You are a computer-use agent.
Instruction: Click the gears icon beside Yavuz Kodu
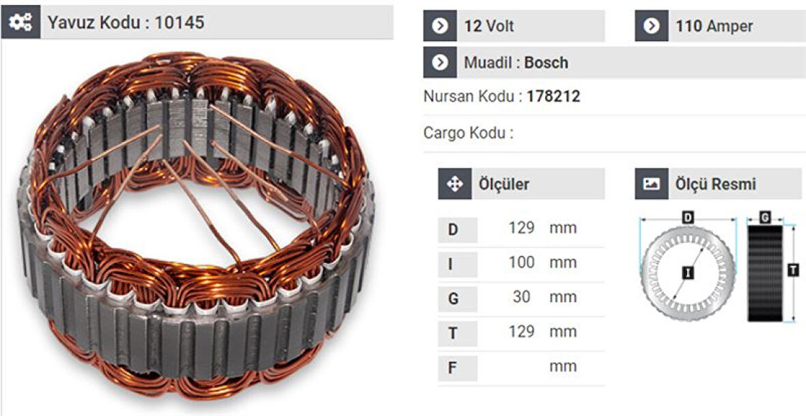pyautogui.click(x=20, y=23)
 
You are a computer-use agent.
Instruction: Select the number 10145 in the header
pyautogui.click(x=179, y=23)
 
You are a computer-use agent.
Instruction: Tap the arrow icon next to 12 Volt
pyautogui.click(x=441, y=27)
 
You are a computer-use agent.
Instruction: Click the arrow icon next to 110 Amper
pyautogui.click(x=652, y=27)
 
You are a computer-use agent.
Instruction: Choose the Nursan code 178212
pyautogui.click(x=553, y=96)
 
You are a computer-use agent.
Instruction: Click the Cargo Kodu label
pyautogui.click(x=468, y=133)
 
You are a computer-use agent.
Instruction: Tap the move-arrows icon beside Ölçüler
pyautogui.click(x=454, y=184)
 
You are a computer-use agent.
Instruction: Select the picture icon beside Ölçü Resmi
pyautogui.click(x=652, y=184)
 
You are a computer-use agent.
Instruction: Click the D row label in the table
pyautogui.click(x=454, y=229)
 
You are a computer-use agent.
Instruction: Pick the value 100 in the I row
pyautogui.click(x=521, y=263)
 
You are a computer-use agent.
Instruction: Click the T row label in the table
pyautogui.click(x=454, y=333)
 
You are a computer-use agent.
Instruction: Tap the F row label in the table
pyautogui.click(x=454, y=368)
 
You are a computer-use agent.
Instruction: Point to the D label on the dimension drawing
pyautogui.click(x=688, y=218)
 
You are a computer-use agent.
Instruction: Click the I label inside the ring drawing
pyautogui.click(x=687, y=273)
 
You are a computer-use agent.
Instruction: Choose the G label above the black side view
pyautogui.click(x=765, y=218)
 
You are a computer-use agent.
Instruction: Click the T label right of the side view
pyautogui.click(x=792, y=271)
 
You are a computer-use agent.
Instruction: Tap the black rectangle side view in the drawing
pyautogui.click(x=764, y=273)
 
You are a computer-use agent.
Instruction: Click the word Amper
pyautogui.click(x=729, y=27)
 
